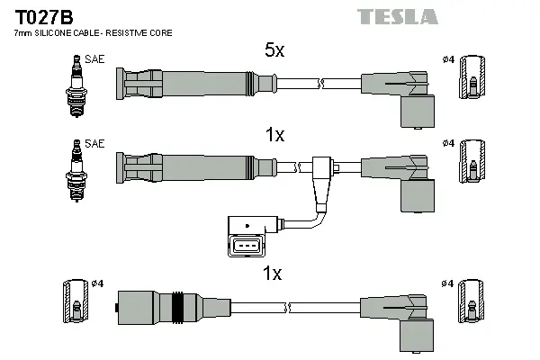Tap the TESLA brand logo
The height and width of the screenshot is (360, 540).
coord(397,17)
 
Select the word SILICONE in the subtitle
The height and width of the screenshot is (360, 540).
coord(62,33)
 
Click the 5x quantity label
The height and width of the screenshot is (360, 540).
coord(274,51)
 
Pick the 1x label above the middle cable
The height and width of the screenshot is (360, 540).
coord(274,135)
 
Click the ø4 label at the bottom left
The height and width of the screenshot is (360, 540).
coord(98,283)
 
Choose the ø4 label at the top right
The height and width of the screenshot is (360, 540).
coord(447,59)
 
